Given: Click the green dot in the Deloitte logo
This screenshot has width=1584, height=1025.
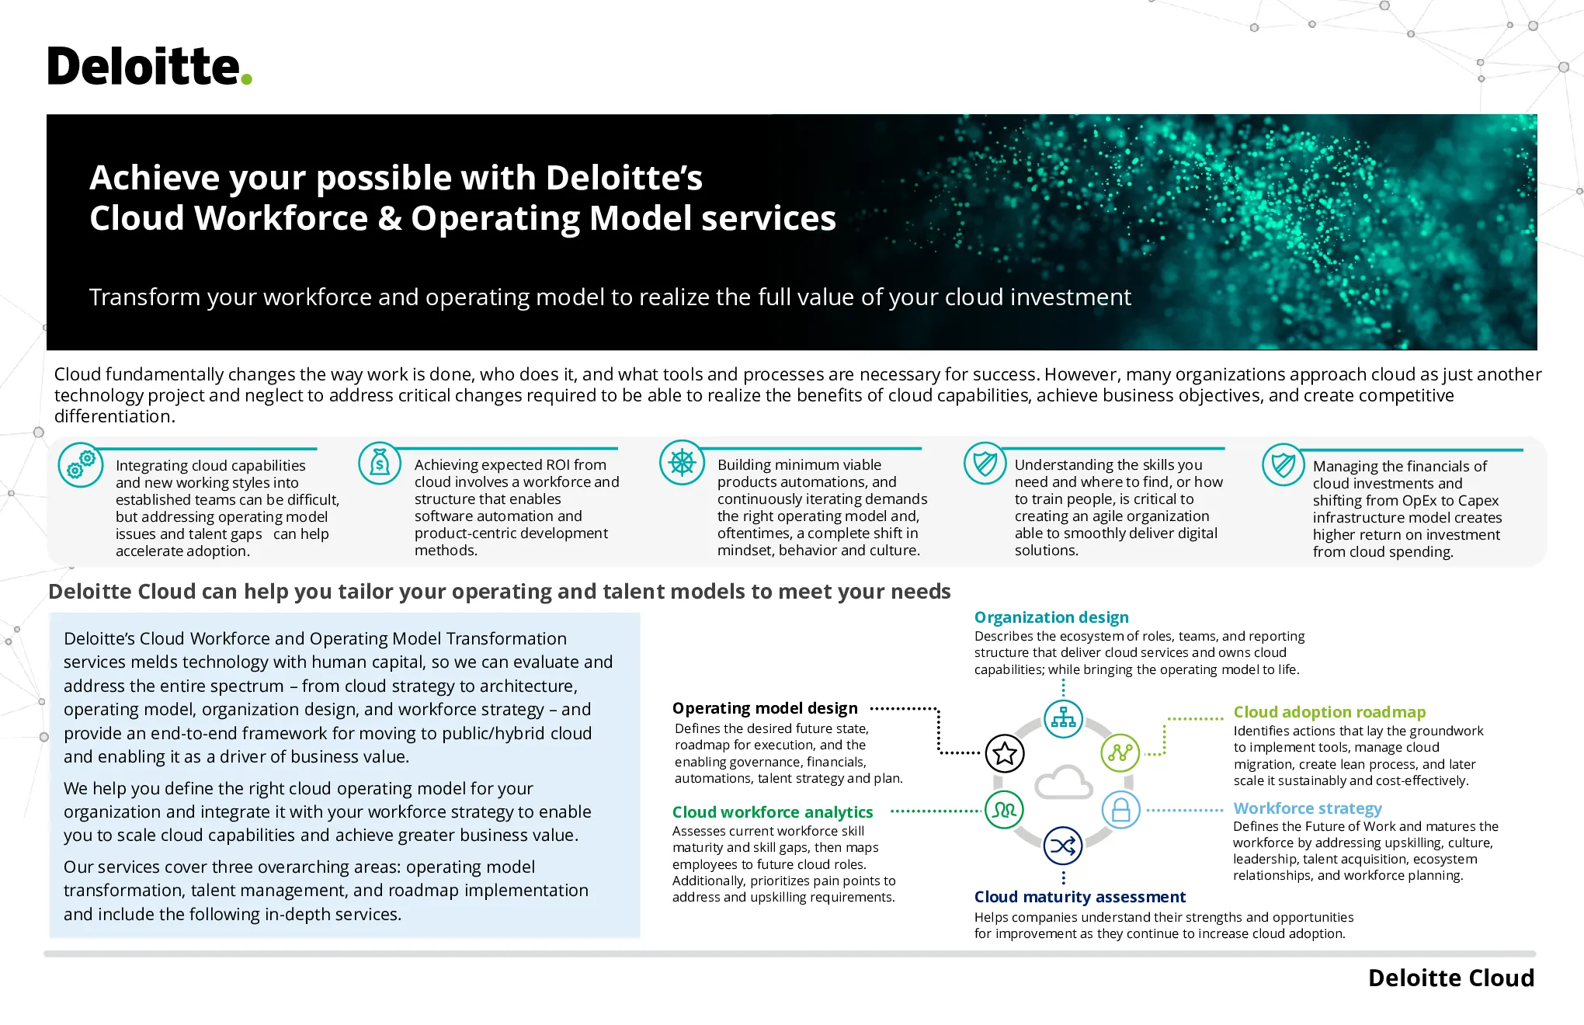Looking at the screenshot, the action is pyautogui.click(x=246, y=78).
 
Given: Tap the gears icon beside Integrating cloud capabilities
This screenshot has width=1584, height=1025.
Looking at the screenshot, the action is pyautogui.click(x=81, y=464).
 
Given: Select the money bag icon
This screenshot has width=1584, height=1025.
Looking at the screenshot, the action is pyautogui.click(x=380, y=463).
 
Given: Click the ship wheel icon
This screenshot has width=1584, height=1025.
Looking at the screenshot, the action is pyautogui.click(x=682, y=463).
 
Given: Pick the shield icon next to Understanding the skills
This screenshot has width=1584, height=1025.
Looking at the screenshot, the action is pyautogui.click(x=985, y=464).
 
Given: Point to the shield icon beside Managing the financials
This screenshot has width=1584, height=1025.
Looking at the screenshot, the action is pyautogui.click(x=1284, y=464).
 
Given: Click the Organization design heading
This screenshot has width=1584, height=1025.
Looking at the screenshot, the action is pyautogui.click(x=1051, y=617).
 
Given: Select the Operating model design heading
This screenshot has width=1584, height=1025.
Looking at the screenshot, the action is pyautogui.click(x=765, y=708).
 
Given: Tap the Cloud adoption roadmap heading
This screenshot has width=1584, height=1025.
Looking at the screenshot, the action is pyautogui.click(x=1329, y=712).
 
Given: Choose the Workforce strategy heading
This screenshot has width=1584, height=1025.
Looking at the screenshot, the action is pyautogui.click(x=1308, y=808).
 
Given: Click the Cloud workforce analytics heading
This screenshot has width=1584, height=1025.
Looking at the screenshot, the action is pyautogui.click(x=773, y=812).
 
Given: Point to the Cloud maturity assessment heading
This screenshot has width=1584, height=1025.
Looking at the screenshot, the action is pyautogui.click(x=1080, y=897).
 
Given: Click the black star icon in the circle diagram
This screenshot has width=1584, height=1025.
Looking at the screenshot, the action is pyautogui.click(x=1005, y=753).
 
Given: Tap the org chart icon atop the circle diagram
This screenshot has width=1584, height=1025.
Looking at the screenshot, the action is pyautogui.click(x=1063, y=719).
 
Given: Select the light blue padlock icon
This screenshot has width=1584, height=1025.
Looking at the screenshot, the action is pyautogui.click(x=1121, y=810).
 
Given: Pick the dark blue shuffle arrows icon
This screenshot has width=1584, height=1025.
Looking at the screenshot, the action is pyautogui.click(x=1063, y=846).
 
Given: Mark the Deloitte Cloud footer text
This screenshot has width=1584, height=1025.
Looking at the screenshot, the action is pyautogui.click(x=1451, y=978).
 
